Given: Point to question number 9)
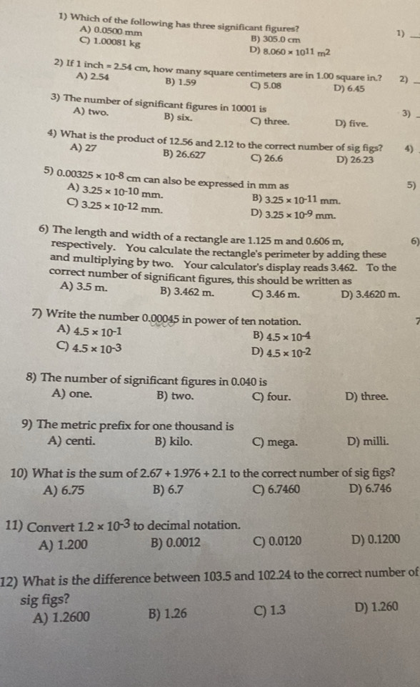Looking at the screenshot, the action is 31,426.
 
